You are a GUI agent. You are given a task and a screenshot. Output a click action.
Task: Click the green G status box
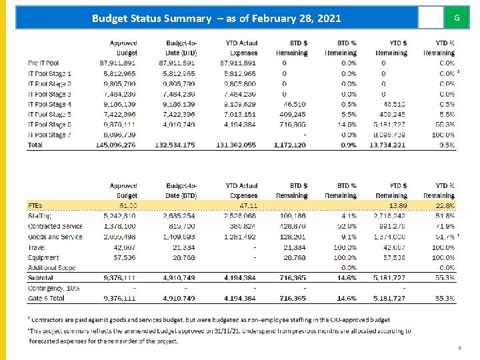point(456,17)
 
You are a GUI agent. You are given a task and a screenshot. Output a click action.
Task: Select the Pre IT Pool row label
point(43,63)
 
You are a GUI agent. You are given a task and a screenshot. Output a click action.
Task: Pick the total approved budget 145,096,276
point(116,145)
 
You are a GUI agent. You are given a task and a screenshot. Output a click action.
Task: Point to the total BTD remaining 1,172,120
point(290,145)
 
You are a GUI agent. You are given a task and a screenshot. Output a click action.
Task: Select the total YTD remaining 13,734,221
point(388,145)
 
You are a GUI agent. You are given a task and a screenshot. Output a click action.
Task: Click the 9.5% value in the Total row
point(447,145)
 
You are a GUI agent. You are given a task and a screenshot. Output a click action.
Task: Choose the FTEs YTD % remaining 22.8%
point(445,206)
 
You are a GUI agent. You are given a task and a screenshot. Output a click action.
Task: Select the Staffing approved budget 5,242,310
point(119,216)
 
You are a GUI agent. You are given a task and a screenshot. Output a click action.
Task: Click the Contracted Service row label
point(55,227)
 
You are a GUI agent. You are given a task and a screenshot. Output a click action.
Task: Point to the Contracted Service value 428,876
point(293,227)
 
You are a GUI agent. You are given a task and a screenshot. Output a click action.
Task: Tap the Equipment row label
point(43,257)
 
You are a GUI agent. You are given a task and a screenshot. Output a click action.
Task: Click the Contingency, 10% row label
point(53,288)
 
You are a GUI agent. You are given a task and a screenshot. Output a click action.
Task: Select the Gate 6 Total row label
point(47,299)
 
